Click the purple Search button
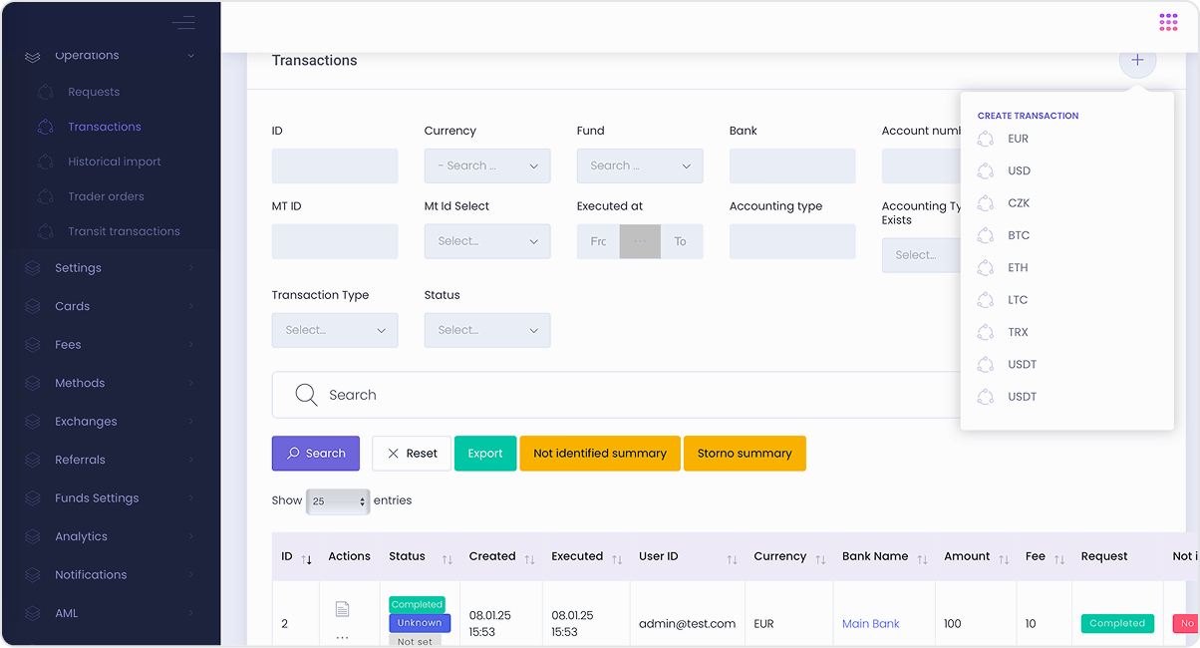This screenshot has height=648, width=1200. pyautogui.click(x=316, y=454)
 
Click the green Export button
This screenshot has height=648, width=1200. pyautogui.click(x=485, y=454)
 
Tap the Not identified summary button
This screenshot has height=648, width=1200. pyautogui.click(x=599, y=454)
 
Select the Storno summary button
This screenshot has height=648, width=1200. pyautogui.click(x=745, y=454)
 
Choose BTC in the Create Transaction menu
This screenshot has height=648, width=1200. pyautogui.click(x=1018, y=235)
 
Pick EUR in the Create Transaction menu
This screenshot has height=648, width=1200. pyautogui.click(x=1018, y=139)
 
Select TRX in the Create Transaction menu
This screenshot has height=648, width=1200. pyautogui.click(x=1018, y=332)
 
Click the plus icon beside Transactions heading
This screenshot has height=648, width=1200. pyautogui.click(x=1137, y=60)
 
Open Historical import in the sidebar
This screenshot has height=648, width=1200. pyautogui.click(x=114, y=162)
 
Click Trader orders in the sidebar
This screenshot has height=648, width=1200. pyautogui.click(x=106, y=196)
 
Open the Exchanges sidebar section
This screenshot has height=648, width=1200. pyautogui.click(x=86, y=422)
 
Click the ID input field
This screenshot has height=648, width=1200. pyautogui.click(x=335, y=166)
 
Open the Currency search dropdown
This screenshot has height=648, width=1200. pyautogui.click(x=487, y=166)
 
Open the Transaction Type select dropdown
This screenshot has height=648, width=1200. pyautogui.click(x=335, y=330)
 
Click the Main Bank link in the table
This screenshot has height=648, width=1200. pyautogui.click(x=870, y=624)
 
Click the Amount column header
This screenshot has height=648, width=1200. pyautogui.click(x=967, y=556)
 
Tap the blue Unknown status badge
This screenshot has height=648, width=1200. pyautogui.click(x=420, y=623)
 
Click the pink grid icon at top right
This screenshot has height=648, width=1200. pyautogui.click(x=1168, y=22)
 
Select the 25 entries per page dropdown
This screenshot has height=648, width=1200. pyautogui.click(x=338, y=501)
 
